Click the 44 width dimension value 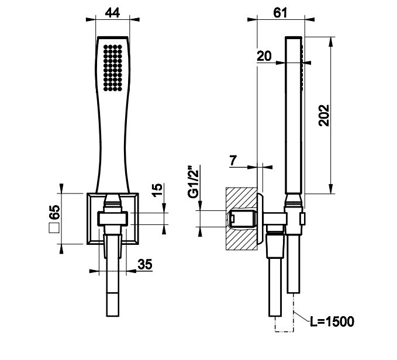114,13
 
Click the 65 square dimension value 54,212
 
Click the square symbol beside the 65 54,230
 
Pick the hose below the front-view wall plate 113,292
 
